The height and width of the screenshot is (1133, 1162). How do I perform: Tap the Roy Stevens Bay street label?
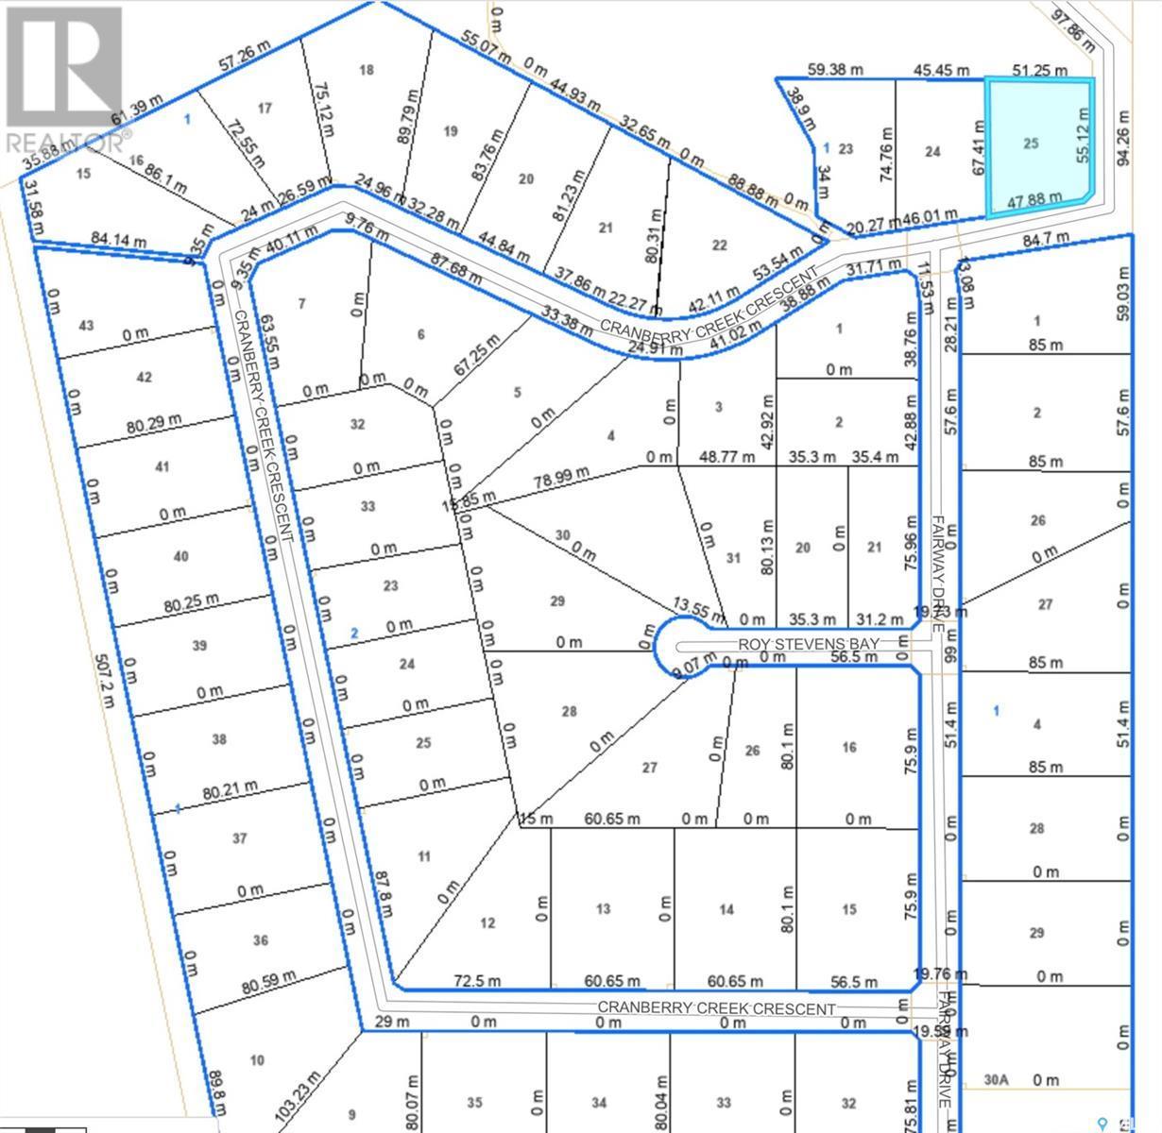(x=809, y=643)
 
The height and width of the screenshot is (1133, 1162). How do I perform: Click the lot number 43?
(x=87, y=326)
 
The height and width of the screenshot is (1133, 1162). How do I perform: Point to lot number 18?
(x=367, y=70)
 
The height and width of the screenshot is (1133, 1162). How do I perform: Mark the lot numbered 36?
(x=262, y=939)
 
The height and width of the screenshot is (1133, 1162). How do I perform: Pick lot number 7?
(x=302, y=303)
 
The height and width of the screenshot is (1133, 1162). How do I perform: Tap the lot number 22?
(x=720, y=245)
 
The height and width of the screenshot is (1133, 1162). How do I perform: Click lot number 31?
(x=733, y=557)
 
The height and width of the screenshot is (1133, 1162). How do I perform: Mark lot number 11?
(x=424, y=856)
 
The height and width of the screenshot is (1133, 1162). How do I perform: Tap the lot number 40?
(x=181, y=556)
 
